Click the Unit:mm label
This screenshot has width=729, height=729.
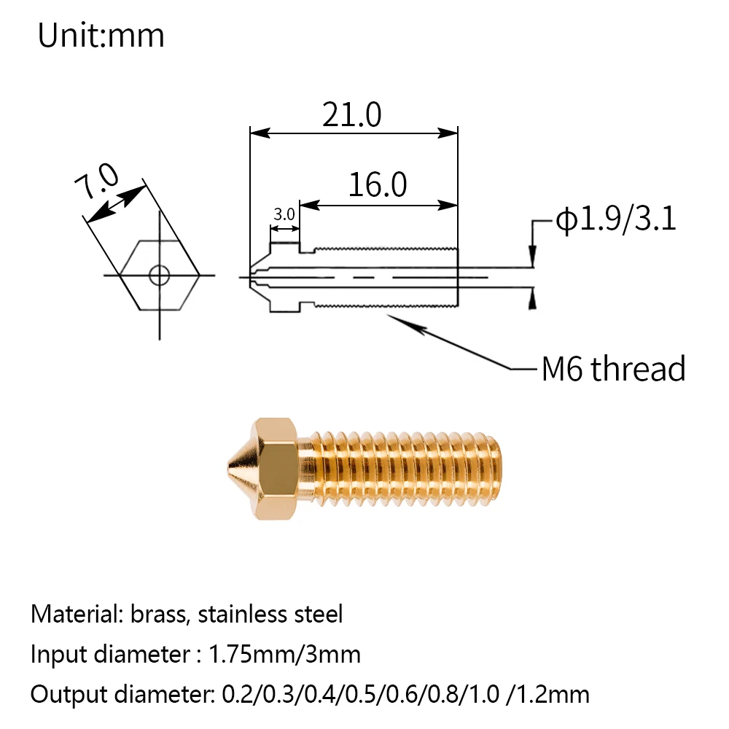coord(101,36)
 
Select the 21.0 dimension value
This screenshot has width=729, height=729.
coord(352,115)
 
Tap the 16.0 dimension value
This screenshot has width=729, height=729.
coord(378,184)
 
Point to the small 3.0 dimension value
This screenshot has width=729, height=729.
coord(284,214)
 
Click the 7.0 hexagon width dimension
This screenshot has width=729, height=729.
coord(97,181)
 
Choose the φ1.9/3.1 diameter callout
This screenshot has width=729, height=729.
coord(616,219)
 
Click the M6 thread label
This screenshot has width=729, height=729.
coord(614,369)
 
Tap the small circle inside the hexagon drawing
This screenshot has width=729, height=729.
coord(160,276)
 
